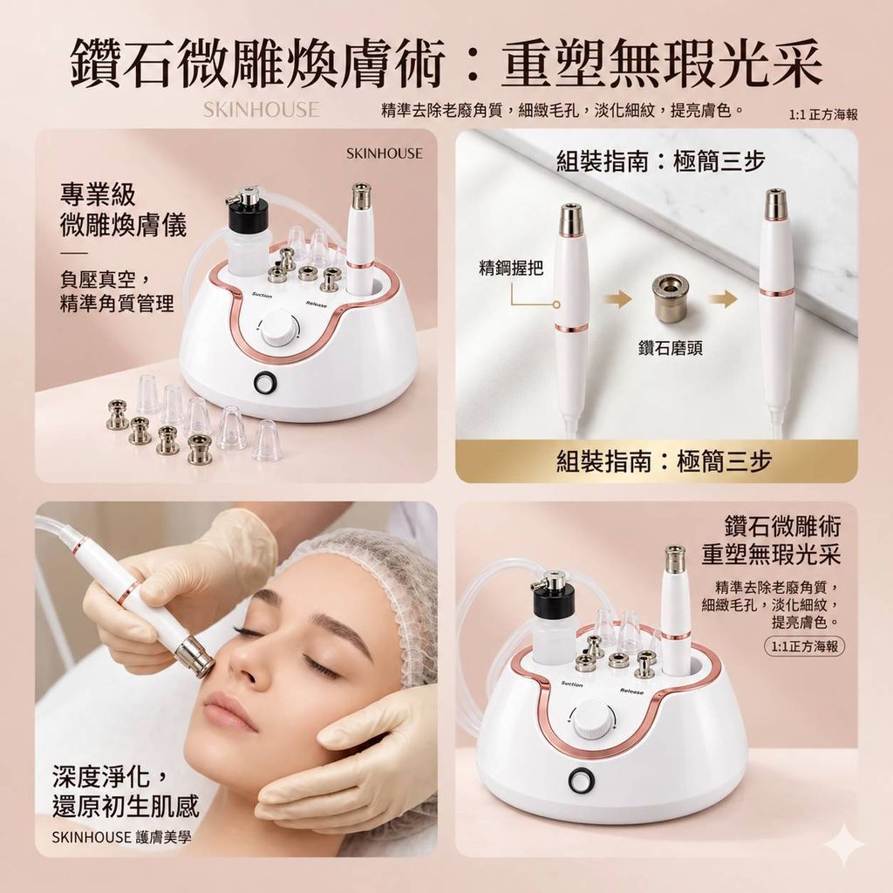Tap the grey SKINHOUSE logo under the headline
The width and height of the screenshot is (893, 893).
coord(262,109)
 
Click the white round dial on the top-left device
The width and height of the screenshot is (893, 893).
coord(278,329)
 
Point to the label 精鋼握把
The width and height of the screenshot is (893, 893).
coord(511,268)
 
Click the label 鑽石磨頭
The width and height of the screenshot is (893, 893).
coord(671,348)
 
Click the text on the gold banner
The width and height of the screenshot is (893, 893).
coord(664,460)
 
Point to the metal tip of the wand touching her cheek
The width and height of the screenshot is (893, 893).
coord(196,657)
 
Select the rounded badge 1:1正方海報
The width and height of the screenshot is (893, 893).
coord(804,646)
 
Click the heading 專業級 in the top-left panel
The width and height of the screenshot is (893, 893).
coord(98,194)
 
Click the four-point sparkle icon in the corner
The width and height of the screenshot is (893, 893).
coord(844,845)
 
